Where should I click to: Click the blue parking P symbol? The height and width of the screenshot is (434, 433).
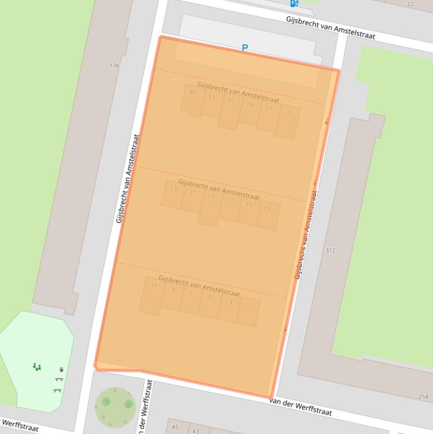tap(244, 48)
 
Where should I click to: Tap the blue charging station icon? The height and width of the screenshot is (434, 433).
tap(294, 3)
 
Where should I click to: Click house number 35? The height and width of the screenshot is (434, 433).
tap(192, 92)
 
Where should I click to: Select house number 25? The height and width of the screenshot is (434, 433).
tap(288, 113)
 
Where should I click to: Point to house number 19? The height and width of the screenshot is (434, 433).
tap(211, 197)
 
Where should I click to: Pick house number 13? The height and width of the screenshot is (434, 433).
tap(266, 209)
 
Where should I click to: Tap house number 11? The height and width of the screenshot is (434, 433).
tap(154, 286)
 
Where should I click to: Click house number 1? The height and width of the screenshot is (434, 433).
tap(248, 305)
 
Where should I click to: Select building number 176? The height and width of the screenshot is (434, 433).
tap(114, 66)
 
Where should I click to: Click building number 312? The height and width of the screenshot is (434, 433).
tap(330, 250)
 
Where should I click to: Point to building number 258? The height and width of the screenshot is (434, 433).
tap(423, 397)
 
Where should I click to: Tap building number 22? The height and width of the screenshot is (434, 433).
tap(410, 4)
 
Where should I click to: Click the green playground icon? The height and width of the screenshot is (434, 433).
tap(37, 367)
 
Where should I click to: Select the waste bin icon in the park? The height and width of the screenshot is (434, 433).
tap(61, 370)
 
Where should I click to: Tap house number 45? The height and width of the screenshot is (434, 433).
tap(175, 427)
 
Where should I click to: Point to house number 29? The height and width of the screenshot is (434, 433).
tap(249, 105)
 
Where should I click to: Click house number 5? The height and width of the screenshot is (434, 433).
tap(210, 298)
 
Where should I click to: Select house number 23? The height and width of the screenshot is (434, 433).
tap(173, 189)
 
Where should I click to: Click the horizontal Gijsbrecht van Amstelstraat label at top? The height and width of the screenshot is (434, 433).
tap(330, 28)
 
